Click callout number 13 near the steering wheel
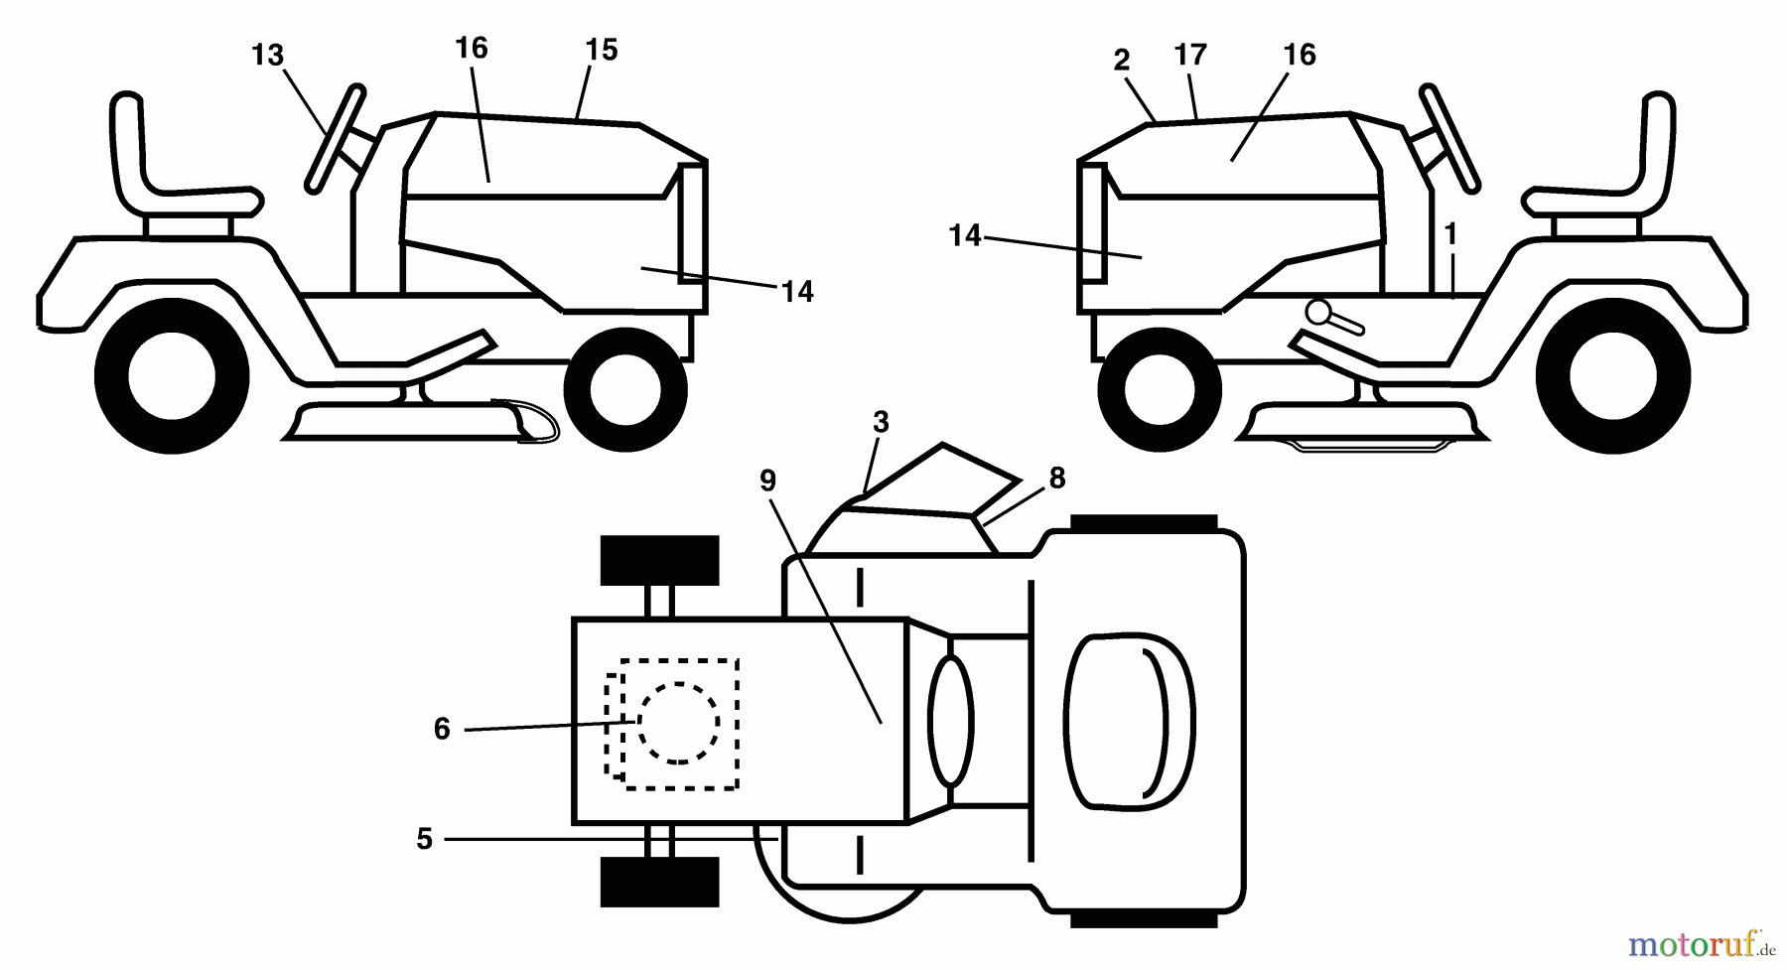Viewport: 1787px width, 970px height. [268, 56]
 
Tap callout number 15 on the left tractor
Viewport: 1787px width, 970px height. [602, 50]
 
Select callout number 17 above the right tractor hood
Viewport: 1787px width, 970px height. [1189, 55]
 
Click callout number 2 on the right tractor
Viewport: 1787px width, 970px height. [1122, 61]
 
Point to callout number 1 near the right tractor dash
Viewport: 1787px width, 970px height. [1450, 234]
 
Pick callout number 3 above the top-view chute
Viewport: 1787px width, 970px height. [881, 422]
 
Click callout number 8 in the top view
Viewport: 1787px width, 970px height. [1056, 479]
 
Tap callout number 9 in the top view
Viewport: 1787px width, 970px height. [767, 481]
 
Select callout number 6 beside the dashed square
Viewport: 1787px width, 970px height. [442, 730]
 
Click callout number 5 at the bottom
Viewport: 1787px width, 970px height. [425, 840]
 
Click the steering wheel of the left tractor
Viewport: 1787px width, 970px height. [334, 137]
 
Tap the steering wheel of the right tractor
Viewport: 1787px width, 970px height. [1450, 137]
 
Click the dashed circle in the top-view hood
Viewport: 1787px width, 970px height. [679, 723]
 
